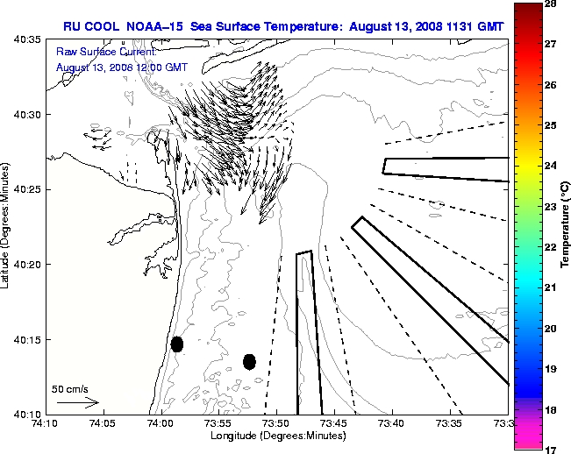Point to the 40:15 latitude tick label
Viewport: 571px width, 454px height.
(29, 339)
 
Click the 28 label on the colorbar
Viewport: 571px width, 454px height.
(550, 4)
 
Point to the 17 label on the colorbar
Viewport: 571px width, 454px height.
(550, 449)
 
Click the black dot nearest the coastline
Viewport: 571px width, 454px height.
(176, 344)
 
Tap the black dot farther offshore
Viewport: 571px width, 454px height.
(249, 361)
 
